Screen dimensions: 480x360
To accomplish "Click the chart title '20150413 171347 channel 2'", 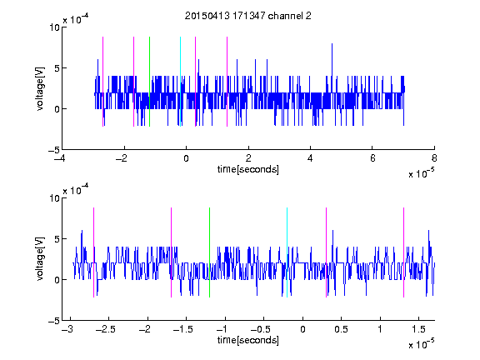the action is (x=248, y=16).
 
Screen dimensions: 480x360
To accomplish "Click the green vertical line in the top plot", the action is (x=149, y=82).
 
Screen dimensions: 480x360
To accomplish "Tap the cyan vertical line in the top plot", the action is (x=180, y=82).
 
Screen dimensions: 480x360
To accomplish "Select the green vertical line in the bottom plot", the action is (x=209, y=252).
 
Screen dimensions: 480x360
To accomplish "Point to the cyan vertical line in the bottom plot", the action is (x=287, y=252).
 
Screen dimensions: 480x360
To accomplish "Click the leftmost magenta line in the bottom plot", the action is (x=93, y=252).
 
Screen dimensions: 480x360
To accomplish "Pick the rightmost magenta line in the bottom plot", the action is (x=403, y=252).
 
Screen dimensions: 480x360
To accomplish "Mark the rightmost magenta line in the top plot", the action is (x=227, y=82).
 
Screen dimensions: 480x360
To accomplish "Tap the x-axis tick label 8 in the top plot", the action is (x=434, y=158).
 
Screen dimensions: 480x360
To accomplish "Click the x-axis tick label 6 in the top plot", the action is (x=372, y=158).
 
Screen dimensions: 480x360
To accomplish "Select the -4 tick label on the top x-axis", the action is (x=60, y=158).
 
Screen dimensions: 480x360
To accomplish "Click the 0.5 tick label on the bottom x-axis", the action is (x=342, y=329).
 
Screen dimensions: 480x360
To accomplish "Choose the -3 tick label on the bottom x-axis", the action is (x=68, y=329).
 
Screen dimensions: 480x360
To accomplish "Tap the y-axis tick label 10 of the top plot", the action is (x=54, y=27).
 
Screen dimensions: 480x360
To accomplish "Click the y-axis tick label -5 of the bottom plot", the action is (x=54, y=321).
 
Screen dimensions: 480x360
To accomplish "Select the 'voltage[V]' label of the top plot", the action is (x=40, y=88).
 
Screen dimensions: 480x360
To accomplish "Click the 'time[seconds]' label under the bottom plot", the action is (x=248, y=340).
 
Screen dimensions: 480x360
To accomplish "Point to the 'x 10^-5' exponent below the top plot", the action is (x=421, y=173).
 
